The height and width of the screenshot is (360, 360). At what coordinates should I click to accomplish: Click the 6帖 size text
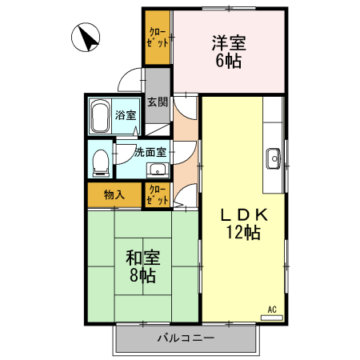tap(228, 62)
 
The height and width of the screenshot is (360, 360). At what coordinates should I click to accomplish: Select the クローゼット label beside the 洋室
tap(158, 38)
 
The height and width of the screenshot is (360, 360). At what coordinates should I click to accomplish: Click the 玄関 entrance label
tap(158, 102)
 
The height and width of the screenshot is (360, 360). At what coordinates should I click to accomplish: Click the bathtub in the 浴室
tap(100, 117)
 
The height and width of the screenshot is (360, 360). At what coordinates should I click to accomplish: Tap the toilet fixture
tap(100, 162)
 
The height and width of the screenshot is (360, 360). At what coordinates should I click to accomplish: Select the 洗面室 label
tap(150, 151)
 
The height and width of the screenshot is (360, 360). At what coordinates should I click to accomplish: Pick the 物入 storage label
tap(114, 194)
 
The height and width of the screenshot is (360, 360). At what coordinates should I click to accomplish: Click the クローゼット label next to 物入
tap(158, 194)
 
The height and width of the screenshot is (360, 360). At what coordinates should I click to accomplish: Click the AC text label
tap(271, 309)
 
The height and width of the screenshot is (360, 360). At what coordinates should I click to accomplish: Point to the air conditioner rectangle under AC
tap(271, 317)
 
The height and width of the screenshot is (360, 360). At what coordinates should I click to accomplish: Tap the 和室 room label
tap(143, 258)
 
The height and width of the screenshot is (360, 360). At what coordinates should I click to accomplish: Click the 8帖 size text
tap(143, 276)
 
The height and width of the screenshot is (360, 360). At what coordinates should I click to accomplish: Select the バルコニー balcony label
tap(185, 339)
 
